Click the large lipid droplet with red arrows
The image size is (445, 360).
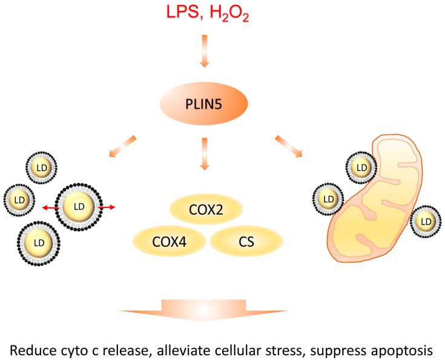79,207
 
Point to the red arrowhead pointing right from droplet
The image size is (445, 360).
113,207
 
